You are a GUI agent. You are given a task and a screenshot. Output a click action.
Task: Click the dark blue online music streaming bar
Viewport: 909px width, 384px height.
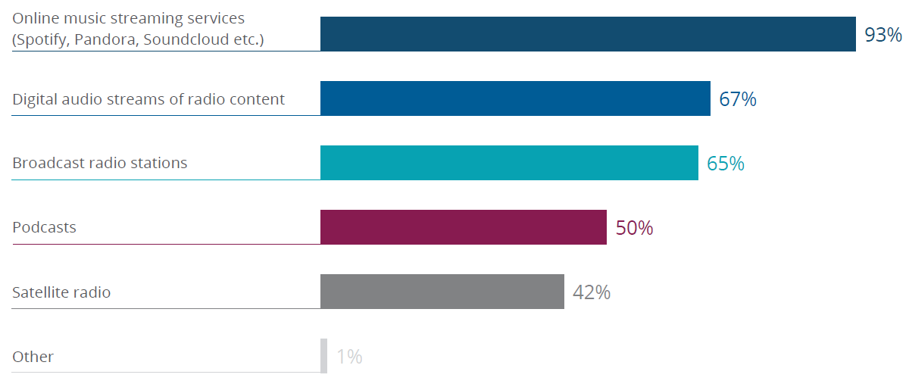pyautogui.click(x=588, y=34)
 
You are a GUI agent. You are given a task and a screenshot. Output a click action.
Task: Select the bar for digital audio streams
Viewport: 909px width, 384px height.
pyautogui.click(x=515, y=98)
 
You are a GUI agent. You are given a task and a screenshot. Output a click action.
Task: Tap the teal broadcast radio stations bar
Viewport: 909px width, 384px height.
pyautogui.click(x=509, y=163)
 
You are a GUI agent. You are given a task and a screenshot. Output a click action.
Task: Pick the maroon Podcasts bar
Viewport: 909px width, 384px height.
pyautogui.click(x=464, y=227)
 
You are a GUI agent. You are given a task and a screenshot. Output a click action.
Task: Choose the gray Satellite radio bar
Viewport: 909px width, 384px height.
pyautogui.click(x=442, y=292)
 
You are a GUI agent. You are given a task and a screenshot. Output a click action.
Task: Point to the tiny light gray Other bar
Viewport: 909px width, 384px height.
pyautogui.click(x=324, y=356)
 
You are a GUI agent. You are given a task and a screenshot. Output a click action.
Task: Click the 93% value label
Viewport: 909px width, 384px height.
pyautogui.click(x=883, y=35)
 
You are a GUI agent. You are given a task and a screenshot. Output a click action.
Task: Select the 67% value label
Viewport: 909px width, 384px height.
pyautogui.click(x=738, y=99)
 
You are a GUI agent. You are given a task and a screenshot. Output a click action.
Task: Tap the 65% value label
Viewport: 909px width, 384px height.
pyautogui.click(x=726, y=164)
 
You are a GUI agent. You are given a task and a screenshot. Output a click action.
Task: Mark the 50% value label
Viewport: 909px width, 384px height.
pyautogui.click(x=634, y=228)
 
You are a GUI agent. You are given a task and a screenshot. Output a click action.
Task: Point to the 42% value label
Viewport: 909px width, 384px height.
pyautogui.click(x=592, y=292)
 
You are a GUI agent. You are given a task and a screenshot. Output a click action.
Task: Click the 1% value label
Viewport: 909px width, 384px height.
pyautogui.click(x=349, y=357)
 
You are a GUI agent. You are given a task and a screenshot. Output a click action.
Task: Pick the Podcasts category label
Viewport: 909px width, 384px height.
pyautogui.click(x=44, y=227)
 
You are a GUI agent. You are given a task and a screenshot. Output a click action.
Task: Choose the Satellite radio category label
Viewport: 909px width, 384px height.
pyautogui.click(x=61, y=292)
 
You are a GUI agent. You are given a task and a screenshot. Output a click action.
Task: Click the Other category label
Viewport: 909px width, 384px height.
pyautogui.click(x=33, y=357)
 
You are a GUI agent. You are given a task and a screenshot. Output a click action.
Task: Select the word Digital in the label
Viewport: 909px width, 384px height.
pyautogui.click(x=34, y=99)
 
